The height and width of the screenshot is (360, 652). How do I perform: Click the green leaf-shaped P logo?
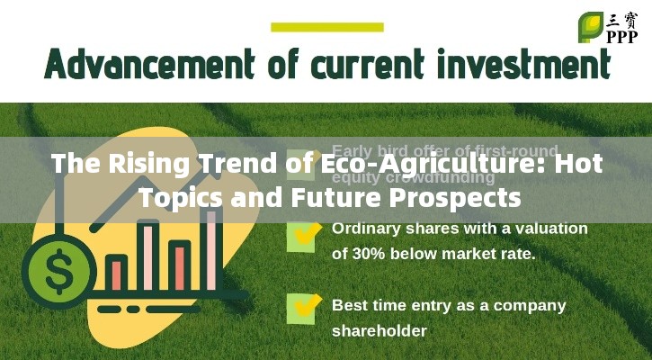tap(590, 26)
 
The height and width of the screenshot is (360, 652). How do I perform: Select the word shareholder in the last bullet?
tap(379, 331)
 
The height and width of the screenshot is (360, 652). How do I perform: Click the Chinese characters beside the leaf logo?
tap(621, 18)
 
